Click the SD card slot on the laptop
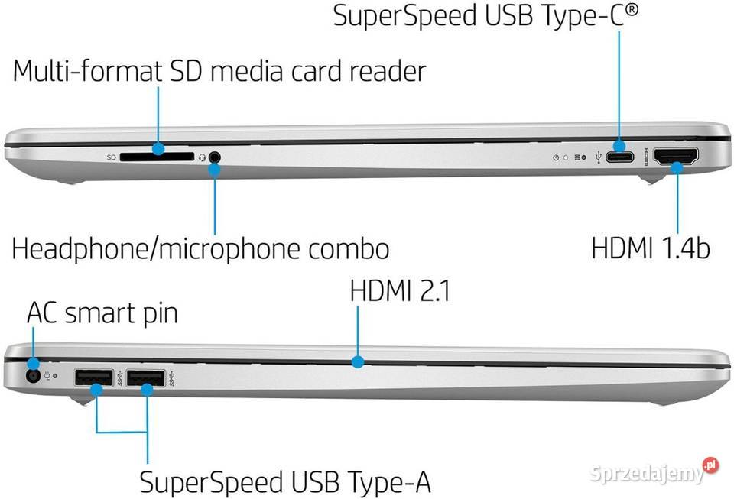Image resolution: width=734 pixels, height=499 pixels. click(157, 157)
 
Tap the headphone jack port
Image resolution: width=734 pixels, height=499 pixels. click(214, 157)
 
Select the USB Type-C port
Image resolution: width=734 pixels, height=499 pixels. click(620, 157)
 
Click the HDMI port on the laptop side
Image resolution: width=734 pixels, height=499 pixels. click(676, 156)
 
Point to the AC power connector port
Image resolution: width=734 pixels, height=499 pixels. click(33, 375)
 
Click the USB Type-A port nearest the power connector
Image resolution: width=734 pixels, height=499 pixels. click(94, 377)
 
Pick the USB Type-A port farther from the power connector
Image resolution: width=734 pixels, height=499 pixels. click(145, 377)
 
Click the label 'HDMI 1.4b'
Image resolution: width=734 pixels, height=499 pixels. click(651, 248)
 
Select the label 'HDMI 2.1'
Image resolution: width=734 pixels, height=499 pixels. click(400, 290)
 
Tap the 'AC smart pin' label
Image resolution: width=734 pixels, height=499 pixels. click(102, 313)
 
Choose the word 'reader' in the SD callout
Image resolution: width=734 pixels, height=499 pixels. click(388, 72)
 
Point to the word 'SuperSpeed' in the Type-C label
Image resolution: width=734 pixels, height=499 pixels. click(405, 15)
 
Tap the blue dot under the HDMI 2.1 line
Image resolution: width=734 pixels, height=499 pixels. click(358, 361)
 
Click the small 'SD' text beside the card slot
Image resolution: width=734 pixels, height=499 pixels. click(111, 157)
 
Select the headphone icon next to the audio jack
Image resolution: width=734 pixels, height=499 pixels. click(202, 157)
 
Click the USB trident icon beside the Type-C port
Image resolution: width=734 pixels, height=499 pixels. click(598, 157)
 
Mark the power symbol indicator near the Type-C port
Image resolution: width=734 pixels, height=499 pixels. click(556, 157)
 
